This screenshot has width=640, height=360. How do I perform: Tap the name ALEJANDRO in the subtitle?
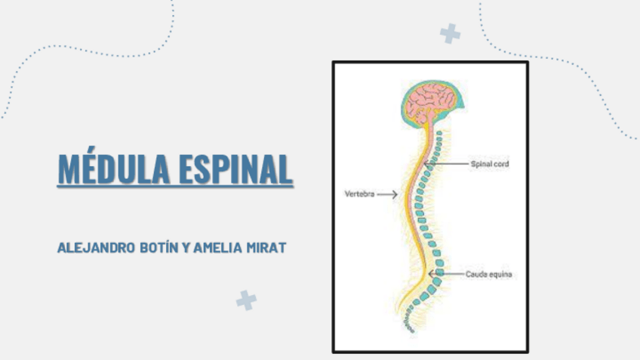95,248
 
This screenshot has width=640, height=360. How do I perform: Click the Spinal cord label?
490,163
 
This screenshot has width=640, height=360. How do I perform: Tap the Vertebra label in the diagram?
358,194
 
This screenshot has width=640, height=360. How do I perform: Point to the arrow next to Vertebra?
387,194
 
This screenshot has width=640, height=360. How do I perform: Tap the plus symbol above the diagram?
450,33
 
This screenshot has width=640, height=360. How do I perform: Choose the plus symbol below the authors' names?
246,300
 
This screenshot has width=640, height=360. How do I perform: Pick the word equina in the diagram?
500,274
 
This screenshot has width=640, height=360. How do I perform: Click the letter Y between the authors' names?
186,248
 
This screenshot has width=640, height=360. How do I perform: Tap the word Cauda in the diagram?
477,274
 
